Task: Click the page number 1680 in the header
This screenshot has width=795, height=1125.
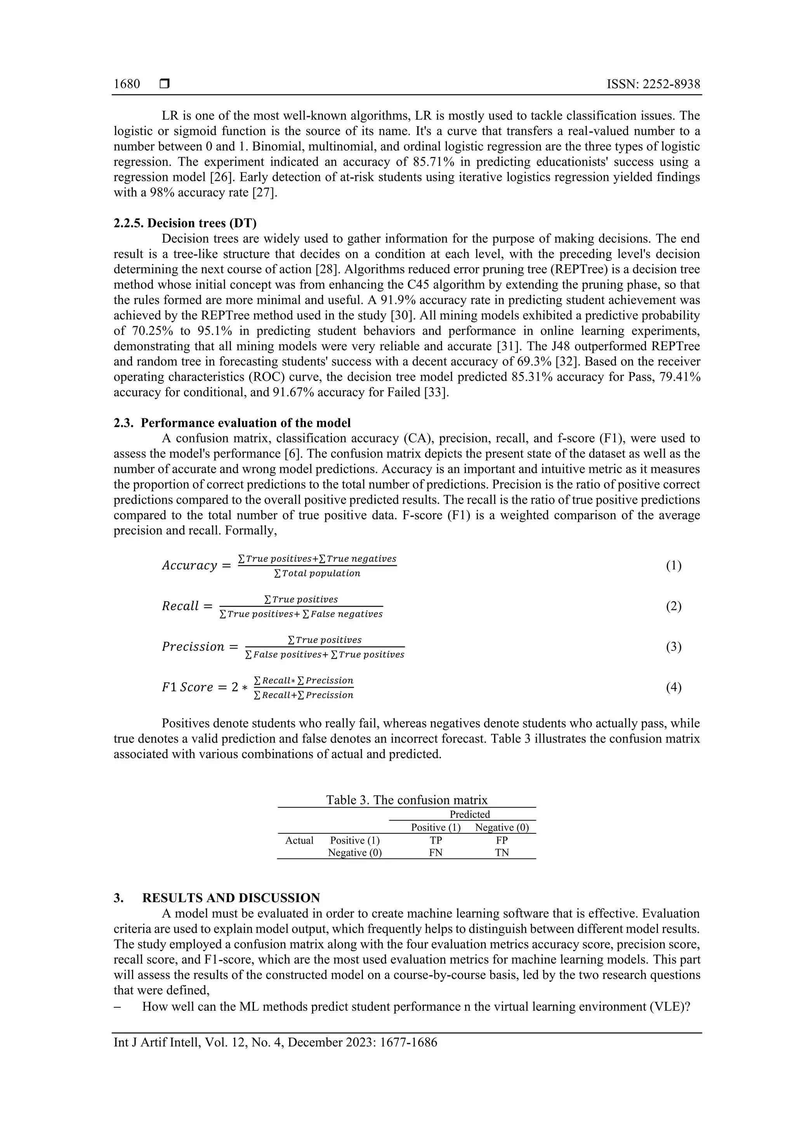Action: [x=127, y=84]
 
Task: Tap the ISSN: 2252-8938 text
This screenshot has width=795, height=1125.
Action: [x=653, y=84]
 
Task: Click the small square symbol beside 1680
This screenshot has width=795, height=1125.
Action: [x=164, y=84]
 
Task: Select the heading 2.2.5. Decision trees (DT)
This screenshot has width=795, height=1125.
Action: [x=185, y=223]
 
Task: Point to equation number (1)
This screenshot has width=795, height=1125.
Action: [x=673, y=566]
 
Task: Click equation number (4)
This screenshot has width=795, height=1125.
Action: [x=673, y=687]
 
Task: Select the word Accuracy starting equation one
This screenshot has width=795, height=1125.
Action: [x=189, y=566]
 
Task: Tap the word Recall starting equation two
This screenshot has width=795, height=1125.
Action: [x=180, y=607]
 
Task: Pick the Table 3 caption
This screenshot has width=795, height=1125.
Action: [x=406, y=800]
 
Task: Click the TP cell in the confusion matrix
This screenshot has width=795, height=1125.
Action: [x=436, y=840]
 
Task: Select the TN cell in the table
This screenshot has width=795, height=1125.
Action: [x=502, y=852]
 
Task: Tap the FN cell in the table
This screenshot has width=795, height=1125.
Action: [x=436, y=852]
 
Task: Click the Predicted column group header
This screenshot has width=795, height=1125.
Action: [x=469, y=814]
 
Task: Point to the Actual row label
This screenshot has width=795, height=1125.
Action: [x=299, y=840]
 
